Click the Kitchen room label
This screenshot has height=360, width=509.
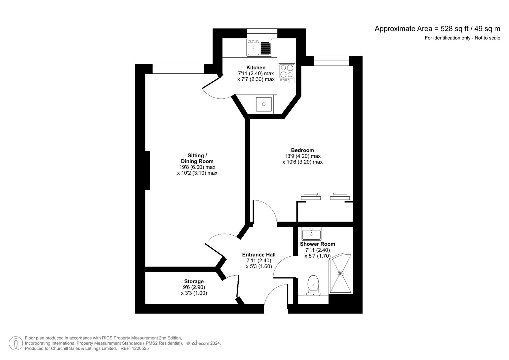[256, 68]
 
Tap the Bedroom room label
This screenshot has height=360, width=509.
[302, 150]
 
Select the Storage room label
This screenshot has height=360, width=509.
[194, 281]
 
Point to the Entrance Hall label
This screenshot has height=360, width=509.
[259, 255]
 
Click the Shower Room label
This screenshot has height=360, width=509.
[317, 244]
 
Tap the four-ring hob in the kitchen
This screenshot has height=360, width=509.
[287, 73]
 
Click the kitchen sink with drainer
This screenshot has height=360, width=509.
[259, 48]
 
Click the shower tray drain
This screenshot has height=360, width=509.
[341, 274]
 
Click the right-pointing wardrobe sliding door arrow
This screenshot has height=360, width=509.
[311, 194]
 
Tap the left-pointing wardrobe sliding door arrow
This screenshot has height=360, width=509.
[340, 194]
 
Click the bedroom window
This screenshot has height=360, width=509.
[331, 61]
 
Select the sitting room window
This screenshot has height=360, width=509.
[178, 69]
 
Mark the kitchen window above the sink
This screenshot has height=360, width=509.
[262, 33]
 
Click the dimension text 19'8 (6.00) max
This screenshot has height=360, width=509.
[197, 167]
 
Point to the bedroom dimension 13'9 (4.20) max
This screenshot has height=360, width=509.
[302, 156]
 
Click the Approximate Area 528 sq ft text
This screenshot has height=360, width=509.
[437, 29]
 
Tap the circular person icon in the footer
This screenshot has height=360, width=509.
[16, 343]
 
